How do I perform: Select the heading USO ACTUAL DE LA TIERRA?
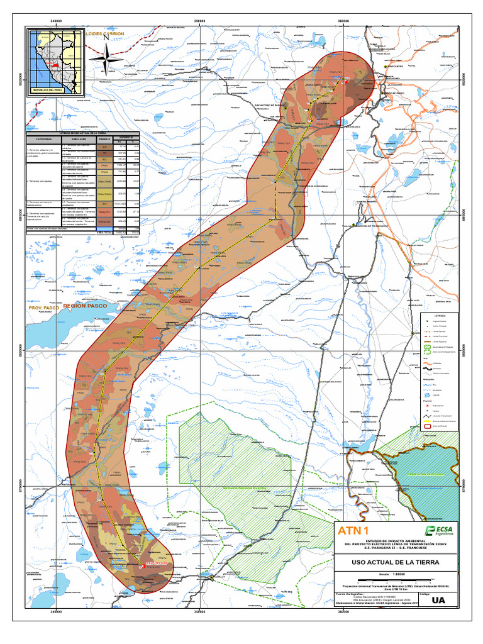pos(396,562)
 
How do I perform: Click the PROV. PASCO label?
pos(43,309)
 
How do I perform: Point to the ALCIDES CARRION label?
pos(105,33)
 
